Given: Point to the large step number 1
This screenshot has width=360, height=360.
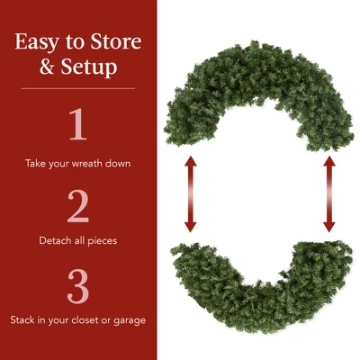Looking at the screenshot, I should coord(77,125).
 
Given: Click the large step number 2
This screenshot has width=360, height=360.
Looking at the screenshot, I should coord(77,207).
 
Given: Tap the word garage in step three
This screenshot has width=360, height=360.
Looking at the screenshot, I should coord(129,320).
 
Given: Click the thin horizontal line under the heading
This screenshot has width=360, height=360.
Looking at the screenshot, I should coord(77,88).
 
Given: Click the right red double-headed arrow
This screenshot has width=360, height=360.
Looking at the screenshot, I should coord(329,193).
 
